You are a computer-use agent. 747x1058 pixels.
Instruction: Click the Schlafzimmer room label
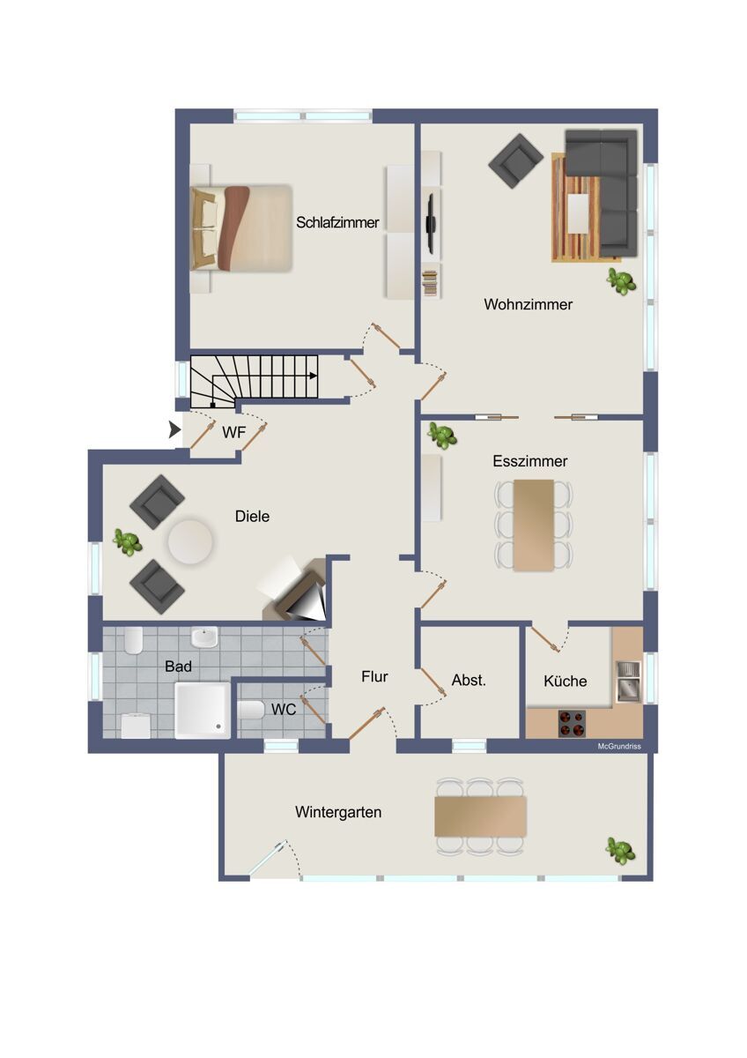point(337,222)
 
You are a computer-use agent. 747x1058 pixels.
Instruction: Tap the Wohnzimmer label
point(528,304)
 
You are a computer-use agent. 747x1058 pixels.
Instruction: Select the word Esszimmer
point(530,461)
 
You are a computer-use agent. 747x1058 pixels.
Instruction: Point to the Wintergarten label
point(338,812)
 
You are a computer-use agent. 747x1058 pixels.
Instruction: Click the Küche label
point(565,681)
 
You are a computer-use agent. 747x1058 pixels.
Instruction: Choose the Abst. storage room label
point(469,680)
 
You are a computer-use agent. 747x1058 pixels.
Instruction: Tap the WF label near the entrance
point(234,432)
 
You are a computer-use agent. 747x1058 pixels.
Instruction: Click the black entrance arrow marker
point(175,430)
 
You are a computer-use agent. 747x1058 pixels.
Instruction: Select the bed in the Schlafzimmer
point(241,228)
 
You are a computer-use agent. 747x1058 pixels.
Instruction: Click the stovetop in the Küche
point(572,723)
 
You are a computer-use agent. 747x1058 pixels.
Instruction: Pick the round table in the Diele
point(190,541)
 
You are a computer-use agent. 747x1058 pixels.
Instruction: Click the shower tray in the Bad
point(203,710)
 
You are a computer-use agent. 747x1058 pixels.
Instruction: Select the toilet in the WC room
point(250,710)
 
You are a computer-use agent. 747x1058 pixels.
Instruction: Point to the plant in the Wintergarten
point(620,851)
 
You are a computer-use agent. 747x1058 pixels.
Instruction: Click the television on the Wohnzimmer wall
point(430,221)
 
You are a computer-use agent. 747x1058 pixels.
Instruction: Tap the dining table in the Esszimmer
point(534,525)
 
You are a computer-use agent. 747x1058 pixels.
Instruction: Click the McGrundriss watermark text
point(619,746)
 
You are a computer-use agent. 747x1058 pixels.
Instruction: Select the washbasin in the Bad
point(204,637)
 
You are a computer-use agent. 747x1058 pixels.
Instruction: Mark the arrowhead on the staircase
point(313,376)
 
